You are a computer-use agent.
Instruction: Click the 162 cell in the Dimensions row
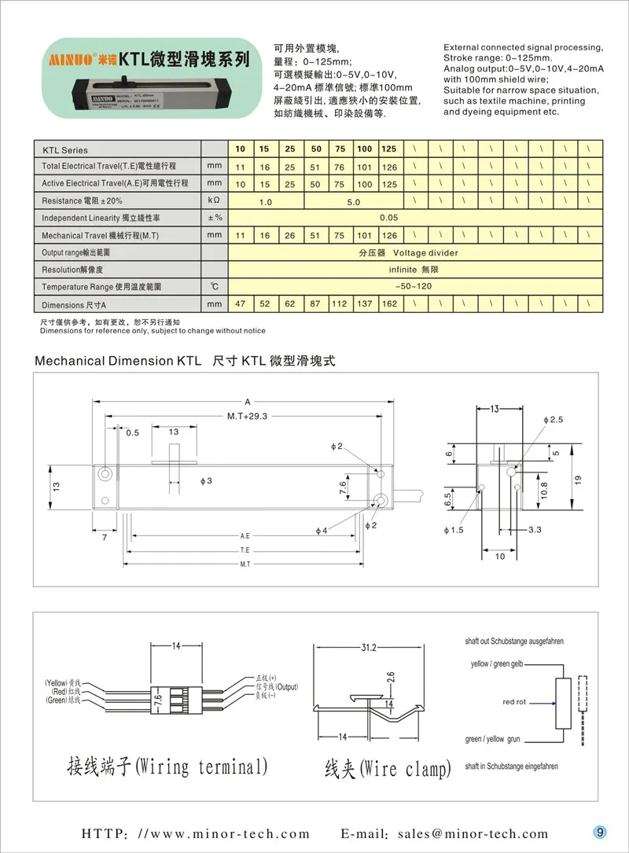pos(388,304)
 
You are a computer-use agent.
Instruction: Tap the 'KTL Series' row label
pos(65,149)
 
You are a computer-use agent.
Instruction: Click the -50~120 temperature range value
pos(413,286)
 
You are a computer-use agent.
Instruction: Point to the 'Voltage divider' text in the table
pos(425,252)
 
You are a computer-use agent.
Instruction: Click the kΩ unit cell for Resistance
pos(213,201)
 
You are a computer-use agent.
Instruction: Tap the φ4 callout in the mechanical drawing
pos(321,530)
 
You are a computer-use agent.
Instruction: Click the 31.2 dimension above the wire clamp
pos(368,647)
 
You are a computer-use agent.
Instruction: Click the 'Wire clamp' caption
pos(388,768)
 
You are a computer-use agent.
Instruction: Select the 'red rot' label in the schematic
pos(514,702)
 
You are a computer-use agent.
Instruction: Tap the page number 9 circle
pos(599,833)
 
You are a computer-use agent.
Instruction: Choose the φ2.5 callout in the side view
pos(554,421)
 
